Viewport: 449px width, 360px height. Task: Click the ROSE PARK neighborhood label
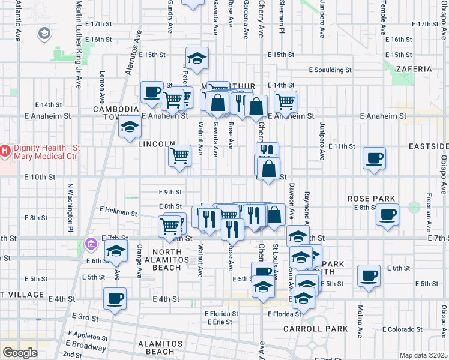[372, 199]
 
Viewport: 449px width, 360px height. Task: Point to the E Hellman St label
[119, 211]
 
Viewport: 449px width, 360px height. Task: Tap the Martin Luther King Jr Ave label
[78, 45]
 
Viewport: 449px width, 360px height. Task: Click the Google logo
[20, 353]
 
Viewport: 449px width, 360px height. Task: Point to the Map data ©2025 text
[423, 355]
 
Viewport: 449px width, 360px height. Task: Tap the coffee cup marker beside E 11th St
[374, 158]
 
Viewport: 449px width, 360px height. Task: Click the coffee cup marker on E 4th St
[115, 298]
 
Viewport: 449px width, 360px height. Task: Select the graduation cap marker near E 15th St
[197, 58]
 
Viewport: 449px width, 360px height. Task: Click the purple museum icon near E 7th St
[91, 244]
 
